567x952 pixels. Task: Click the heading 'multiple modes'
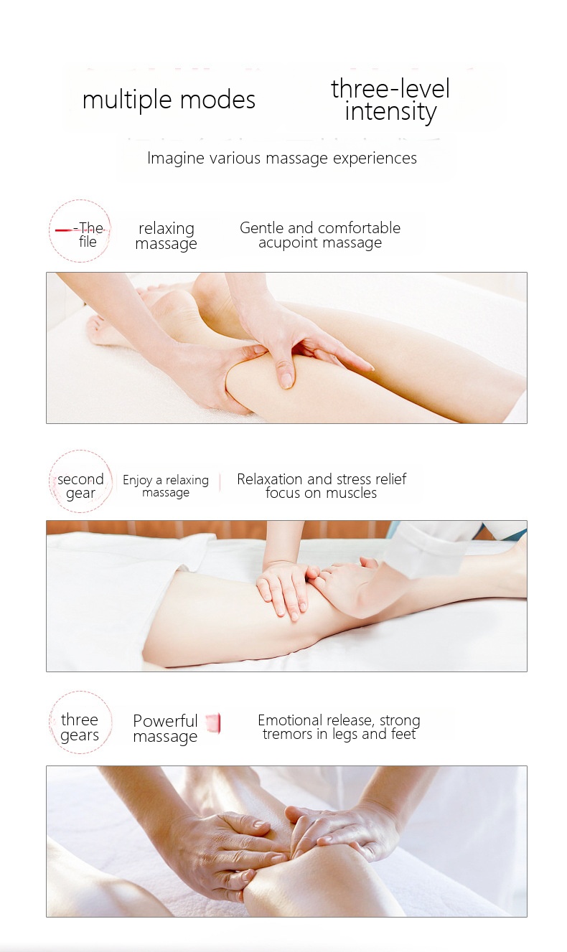click(169, 100)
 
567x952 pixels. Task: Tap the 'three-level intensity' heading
click(390, 100)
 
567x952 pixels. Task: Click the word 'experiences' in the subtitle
click(375, 159)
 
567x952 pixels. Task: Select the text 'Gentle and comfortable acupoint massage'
click(320, 235)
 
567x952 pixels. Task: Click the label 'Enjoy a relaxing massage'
click(166, 486)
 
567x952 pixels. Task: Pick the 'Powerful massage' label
click(165, 728)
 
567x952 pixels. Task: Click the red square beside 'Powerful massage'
click(213, 723)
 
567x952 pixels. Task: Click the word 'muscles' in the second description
click(350, 493)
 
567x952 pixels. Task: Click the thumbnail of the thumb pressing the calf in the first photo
click(287, 379)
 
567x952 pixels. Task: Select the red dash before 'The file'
click(64, 230)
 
